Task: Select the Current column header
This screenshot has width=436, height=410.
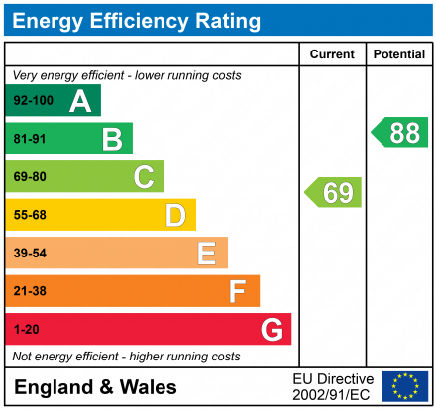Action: pos(332,54)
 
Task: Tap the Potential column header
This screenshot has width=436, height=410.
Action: pos(399,54)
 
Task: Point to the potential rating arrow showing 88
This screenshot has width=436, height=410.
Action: pos(400,133)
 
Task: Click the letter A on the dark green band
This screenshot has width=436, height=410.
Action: pos(80,101)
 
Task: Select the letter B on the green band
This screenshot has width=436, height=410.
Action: pos(112,139)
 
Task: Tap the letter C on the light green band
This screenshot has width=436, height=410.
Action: pos(144,177)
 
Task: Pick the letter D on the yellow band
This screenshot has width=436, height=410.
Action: pos(175,215)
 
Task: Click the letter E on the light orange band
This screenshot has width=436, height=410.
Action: pos(206,254)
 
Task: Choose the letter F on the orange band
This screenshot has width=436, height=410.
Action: pos(237,291)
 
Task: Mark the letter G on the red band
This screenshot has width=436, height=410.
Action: pos(271,329)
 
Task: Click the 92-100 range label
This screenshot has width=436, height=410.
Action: pos(33,101)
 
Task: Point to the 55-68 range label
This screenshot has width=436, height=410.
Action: pos(30,215)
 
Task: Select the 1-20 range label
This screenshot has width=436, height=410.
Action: pos(26,329)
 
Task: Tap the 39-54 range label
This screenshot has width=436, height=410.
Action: pos(30,254)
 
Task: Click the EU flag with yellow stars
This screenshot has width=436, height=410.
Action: pos(405,386)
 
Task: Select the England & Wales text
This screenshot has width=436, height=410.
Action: pos(96,387)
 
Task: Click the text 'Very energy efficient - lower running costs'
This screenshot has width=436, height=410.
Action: pos(126,75)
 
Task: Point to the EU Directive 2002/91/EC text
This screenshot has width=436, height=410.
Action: pos(333,386)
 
